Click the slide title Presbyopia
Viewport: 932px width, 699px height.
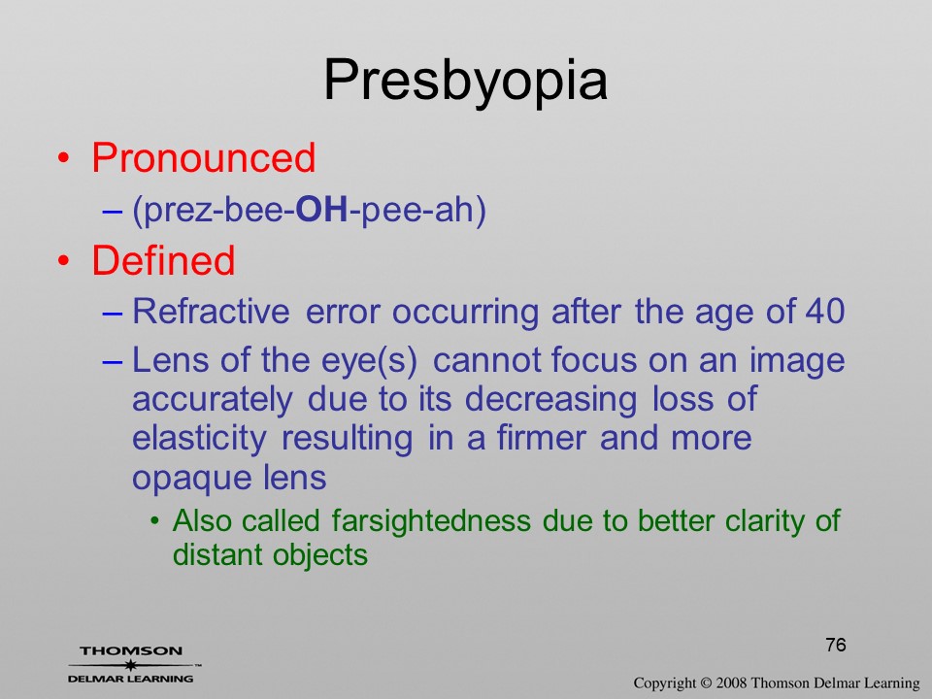(465, 82)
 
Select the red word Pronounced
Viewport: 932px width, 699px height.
(203, 158)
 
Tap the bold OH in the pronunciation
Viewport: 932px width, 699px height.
(321, 210)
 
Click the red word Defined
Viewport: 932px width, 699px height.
(163, 261)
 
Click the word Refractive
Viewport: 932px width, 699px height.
(211, 311)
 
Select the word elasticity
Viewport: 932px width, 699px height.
(199, 439)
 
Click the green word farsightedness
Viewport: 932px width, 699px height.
(431, 520)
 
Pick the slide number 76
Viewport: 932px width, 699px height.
(836, 645)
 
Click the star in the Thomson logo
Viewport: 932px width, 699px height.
(131, 665)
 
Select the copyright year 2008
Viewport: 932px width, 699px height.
(730, 682)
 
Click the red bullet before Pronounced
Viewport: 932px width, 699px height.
(64, 158)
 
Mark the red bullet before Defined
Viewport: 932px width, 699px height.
(64, 261)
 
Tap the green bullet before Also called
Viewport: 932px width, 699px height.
(155, 522)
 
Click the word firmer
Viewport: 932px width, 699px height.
(541, 438)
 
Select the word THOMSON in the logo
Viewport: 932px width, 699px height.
(131, 650)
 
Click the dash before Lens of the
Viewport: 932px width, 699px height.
(113, 362)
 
